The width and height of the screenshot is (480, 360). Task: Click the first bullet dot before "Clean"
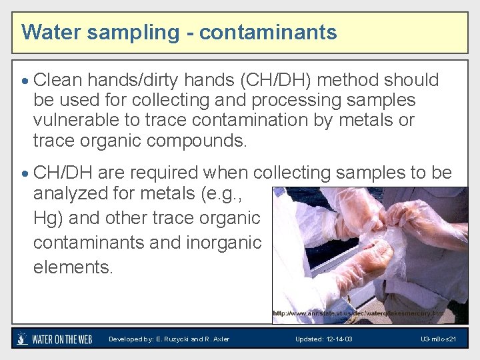click(25, 81)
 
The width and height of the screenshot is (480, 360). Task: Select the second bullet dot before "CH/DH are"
click(25, 174)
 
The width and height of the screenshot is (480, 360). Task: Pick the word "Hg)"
click(48, 218)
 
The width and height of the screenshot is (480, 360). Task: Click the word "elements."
click(74, 267)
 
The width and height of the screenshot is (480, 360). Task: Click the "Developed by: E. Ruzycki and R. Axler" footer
click(169, 339)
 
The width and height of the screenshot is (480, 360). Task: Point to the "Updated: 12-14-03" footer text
click(324, 339)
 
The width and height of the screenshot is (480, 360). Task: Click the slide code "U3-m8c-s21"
click(438, 339)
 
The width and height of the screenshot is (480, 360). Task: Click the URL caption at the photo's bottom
click(358, 313)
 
